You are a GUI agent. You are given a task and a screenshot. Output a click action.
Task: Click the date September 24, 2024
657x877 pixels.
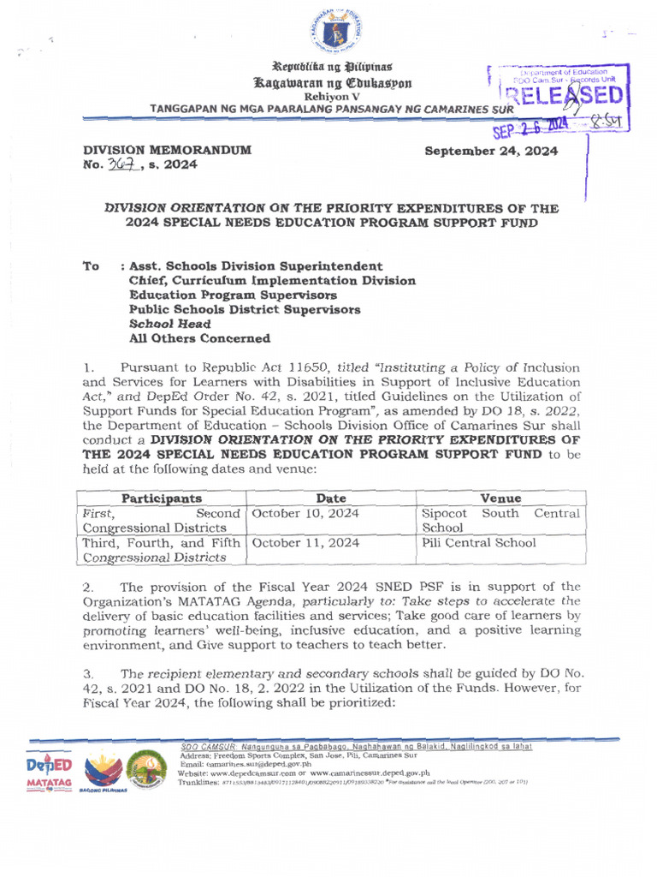coord(491,152)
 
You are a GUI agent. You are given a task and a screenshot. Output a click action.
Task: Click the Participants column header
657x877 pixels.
coord(161,498)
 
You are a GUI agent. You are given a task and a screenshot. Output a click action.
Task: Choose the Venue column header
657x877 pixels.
coord(500,498)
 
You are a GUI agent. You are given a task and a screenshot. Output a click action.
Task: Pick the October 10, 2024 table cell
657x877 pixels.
coord(305,513)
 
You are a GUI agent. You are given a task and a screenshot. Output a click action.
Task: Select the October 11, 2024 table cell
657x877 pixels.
coord(305,543)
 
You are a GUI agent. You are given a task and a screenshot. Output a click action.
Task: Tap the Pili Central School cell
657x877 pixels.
coord(479,543)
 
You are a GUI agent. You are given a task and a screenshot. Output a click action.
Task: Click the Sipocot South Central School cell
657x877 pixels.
coord(500,520)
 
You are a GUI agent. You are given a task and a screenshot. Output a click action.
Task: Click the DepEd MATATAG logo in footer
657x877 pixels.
coord(49,773)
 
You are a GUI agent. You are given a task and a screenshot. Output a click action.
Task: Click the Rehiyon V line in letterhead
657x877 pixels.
coord(328,98)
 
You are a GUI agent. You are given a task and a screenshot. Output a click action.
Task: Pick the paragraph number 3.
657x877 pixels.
coord(87,676)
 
